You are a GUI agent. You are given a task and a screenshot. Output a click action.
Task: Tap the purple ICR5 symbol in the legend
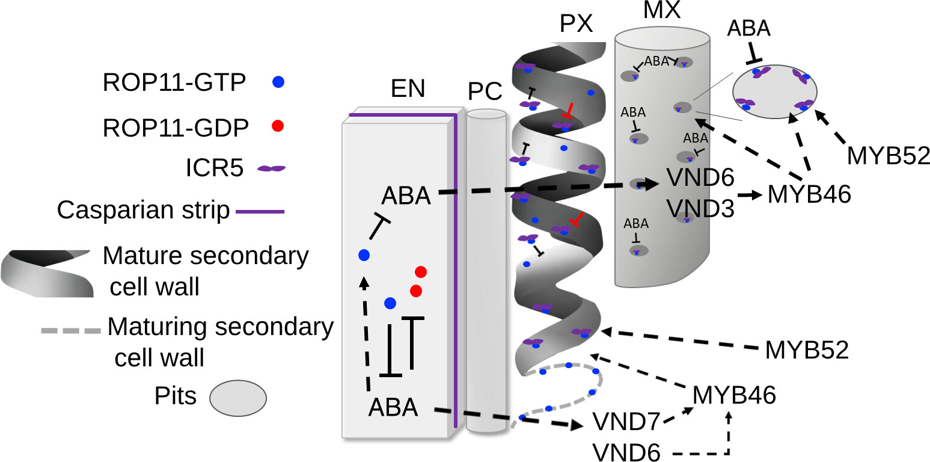coord(272,169)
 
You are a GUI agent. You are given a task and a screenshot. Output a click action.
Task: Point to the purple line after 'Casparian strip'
coord(260,211)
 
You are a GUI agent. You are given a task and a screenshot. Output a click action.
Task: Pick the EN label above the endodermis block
coord(408,88)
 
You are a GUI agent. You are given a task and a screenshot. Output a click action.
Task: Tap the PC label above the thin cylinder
coord(485,91)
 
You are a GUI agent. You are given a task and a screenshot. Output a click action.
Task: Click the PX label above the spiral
coord(576,24)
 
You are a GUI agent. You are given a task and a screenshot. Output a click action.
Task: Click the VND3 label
coord(700,208)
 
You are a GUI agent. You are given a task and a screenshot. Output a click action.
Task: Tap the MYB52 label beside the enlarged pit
coord(888,156)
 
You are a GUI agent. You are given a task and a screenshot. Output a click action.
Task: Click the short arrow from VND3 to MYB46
coord(750,196)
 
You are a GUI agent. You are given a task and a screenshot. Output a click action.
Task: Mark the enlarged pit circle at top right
coord(774,91)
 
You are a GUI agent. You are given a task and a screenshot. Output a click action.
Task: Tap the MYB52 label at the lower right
coord(807,350)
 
